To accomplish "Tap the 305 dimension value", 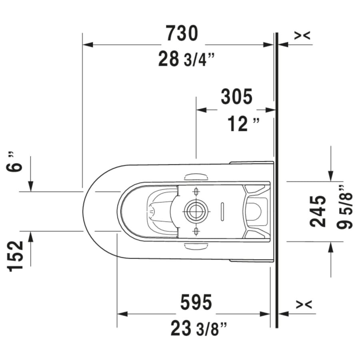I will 237,97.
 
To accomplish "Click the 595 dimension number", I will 196,302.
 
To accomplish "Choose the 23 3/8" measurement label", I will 198,329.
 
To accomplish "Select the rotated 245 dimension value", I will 318,211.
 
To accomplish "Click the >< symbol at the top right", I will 302,36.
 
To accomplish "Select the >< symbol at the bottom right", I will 302,305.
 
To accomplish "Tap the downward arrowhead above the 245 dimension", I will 330,176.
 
